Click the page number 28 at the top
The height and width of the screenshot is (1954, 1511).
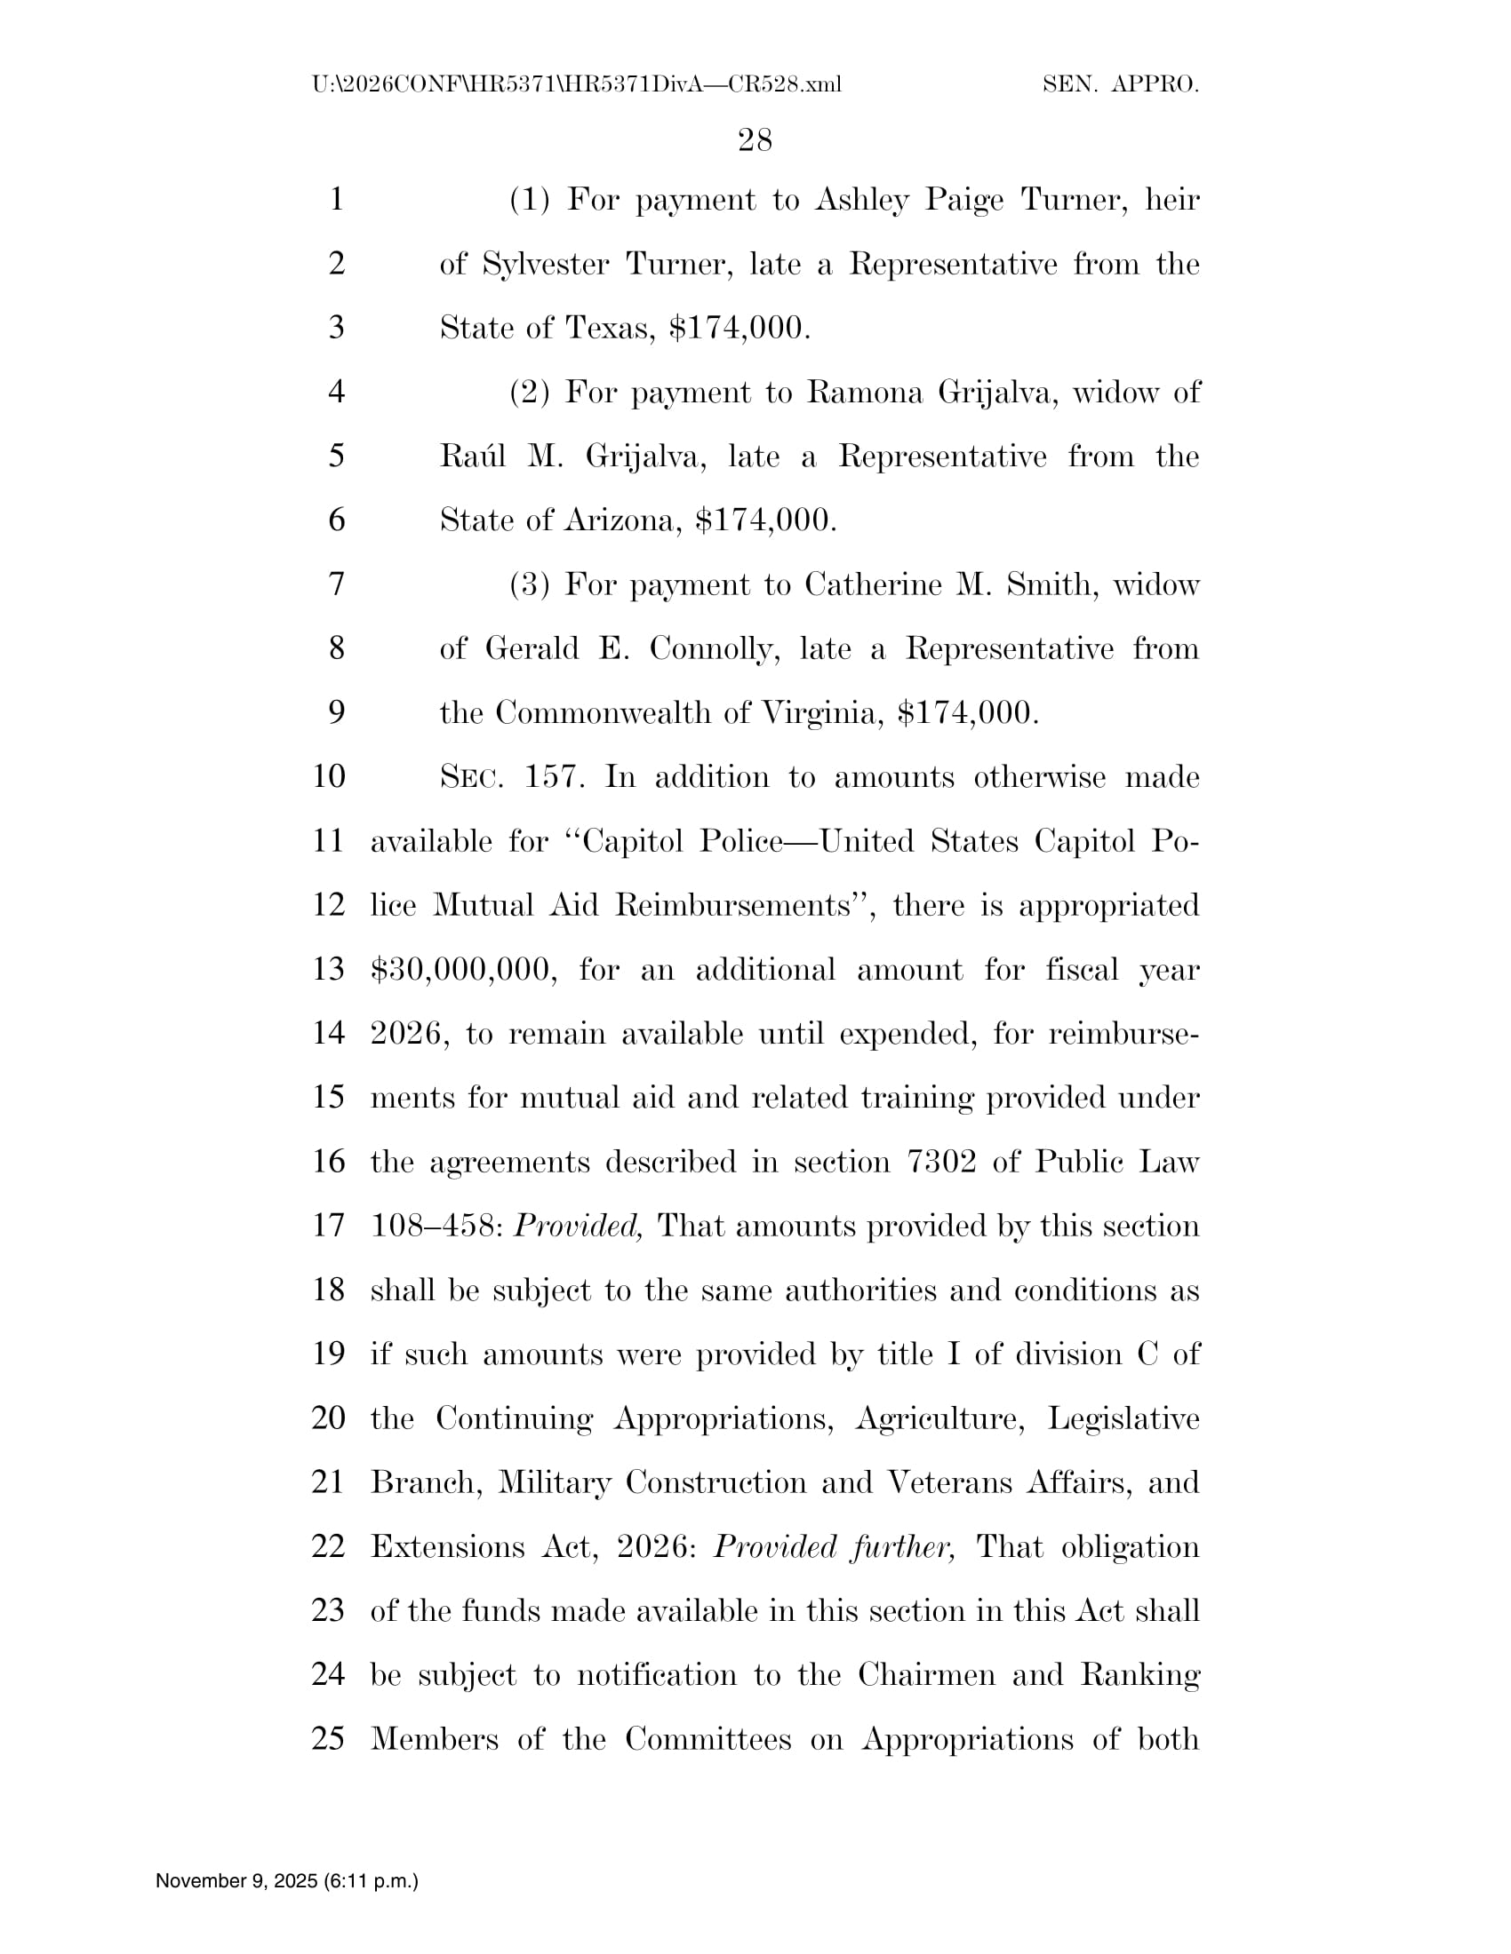click(x=755, y=139)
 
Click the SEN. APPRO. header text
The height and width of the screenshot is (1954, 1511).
click(x=1120, y=85)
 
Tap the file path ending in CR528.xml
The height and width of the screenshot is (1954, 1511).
click(x=578, y=85)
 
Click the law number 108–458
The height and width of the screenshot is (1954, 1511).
click(x=437, y=1227)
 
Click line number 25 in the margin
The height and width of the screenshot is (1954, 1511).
click(x=329, y=1739)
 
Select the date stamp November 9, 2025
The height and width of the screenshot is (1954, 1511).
click(x=237, y=1881)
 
